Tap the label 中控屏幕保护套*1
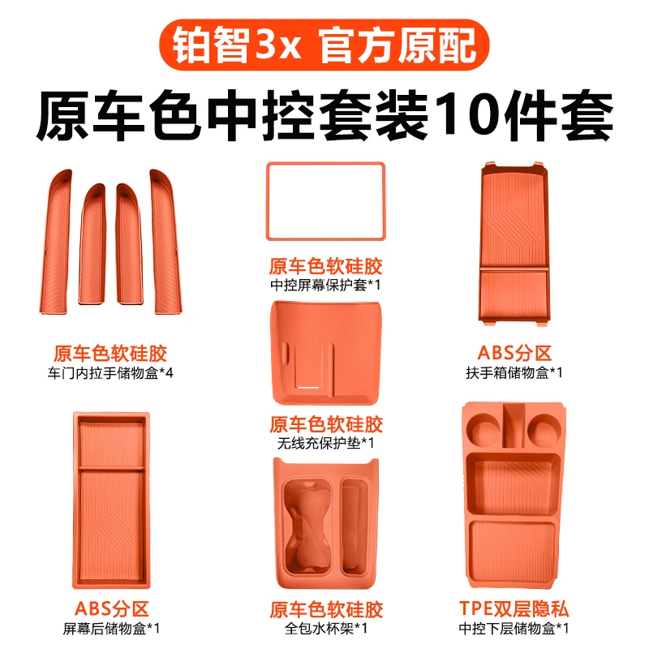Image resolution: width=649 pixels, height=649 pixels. [324, 286]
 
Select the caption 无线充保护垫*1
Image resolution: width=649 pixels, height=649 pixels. [324, 443]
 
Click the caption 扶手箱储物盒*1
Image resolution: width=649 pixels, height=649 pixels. [514, 373]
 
